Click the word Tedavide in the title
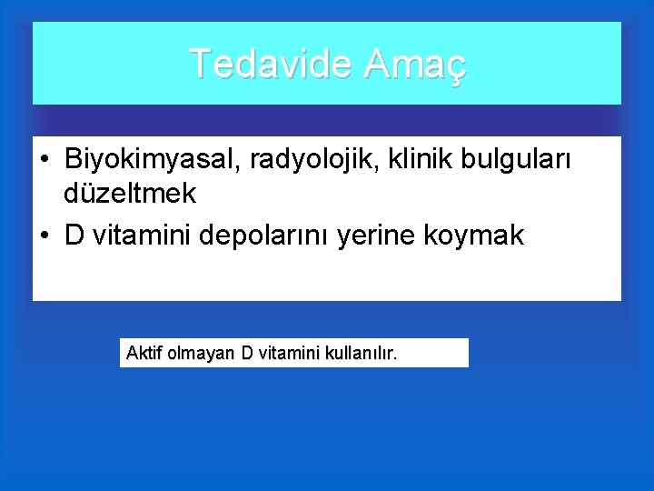pyautogui.click(x=271, y=64)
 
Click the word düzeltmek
pyautogui.click(x=130, y=194)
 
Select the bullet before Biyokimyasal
pyautogui.click(x=45, y=160)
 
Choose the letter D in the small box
pyautogui.click(x=247, y=353)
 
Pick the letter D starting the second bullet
pyautogui.click(x=74, y=236)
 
